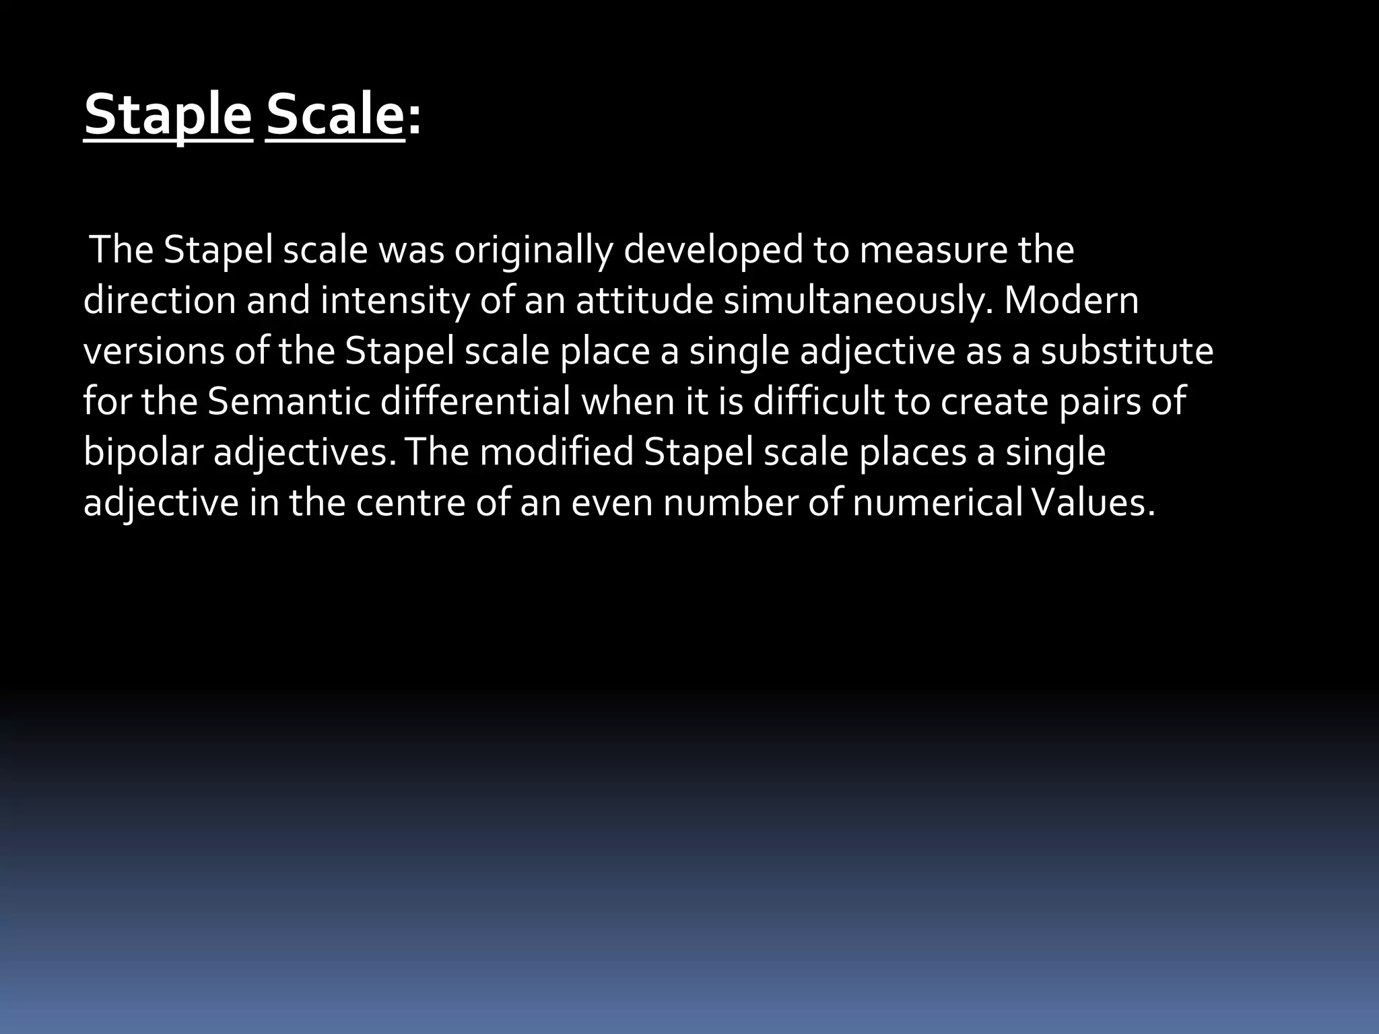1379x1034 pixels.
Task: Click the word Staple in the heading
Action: [168, 115]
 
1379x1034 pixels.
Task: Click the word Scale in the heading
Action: [335, 115]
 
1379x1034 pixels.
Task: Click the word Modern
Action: [1071, 300]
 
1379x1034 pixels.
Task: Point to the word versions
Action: [154, 351]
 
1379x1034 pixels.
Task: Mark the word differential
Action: [475, 401]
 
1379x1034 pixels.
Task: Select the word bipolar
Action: [143, 452]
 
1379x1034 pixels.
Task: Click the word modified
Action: [556, 452]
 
